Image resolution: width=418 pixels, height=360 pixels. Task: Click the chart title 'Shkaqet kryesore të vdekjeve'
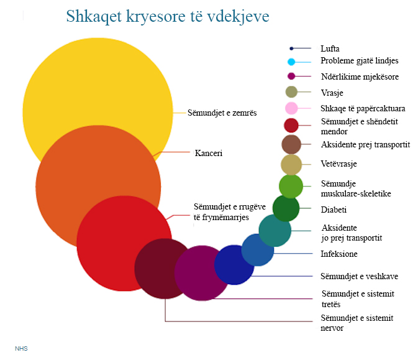click(x=168, y=17)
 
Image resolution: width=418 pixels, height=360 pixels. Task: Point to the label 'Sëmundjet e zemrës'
click(x=222, y=113)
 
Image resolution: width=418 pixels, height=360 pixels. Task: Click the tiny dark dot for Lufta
click(x=291, y=48)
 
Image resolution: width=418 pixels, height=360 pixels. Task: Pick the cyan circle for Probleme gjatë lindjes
click(x=291, y=62)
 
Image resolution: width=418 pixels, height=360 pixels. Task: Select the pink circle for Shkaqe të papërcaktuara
click(x=291, y=108)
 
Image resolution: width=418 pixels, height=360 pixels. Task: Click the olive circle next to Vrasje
click(x=291, y=92)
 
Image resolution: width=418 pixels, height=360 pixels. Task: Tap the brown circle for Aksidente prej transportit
click(x=291, y=144)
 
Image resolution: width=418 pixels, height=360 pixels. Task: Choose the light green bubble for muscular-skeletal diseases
click(x=291, y=187)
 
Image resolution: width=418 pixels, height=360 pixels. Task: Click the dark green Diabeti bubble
click(x=286, y=208)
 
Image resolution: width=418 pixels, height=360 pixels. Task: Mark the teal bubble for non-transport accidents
click(x=275, y=231)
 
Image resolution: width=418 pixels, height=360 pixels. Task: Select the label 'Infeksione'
click(x=339, y=254)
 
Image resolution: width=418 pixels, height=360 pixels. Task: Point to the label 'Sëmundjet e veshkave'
click(x=360, y=276)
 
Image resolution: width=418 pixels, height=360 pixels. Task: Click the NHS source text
click(x=21, y=349)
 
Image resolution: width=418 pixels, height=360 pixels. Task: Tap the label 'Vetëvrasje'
click(x=338, y=164)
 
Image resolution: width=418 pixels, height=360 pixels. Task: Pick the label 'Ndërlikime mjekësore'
click(x=360, y=77)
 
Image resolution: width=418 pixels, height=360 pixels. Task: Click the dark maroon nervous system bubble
click(x=165, y=269)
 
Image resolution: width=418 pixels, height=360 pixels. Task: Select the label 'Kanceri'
click(x=209, y=153)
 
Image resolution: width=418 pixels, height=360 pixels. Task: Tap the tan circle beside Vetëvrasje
click(x=291, y=165)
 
